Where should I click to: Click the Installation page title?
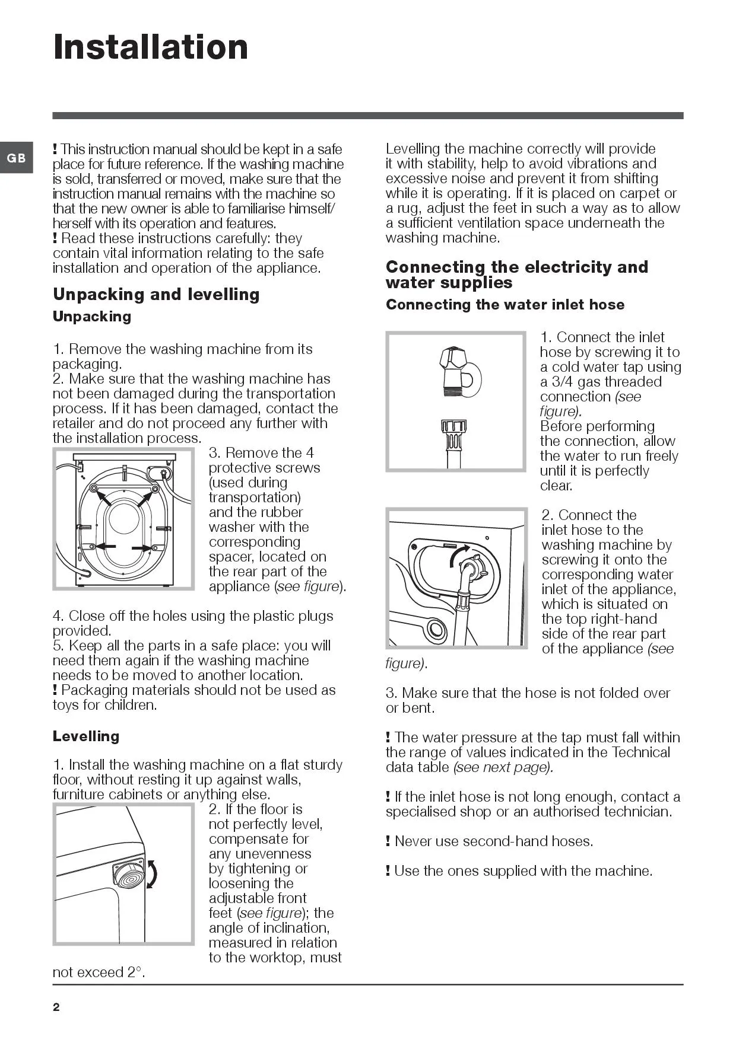tap(151, 47)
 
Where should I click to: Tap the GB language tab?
tap(16, 158)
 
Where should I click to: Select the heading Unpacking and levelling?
tap(156, 295)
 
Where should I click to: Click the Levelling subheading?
tap(86, 736)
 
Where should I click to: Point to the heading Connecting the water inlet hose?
tap(505, 305)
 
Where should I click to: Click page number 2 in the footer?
tap(56, 1007)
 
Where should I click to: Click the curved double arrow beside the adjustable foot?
tap(153, 875)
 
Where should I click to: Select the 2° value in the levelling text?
tap(134, 972)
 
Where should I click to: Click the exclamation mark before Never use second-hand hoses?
tap(388, 841)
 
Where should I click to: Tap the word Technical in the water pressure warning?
tap(640, 752)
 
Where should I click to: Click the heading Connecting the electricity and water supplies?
tap(516, 275)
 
